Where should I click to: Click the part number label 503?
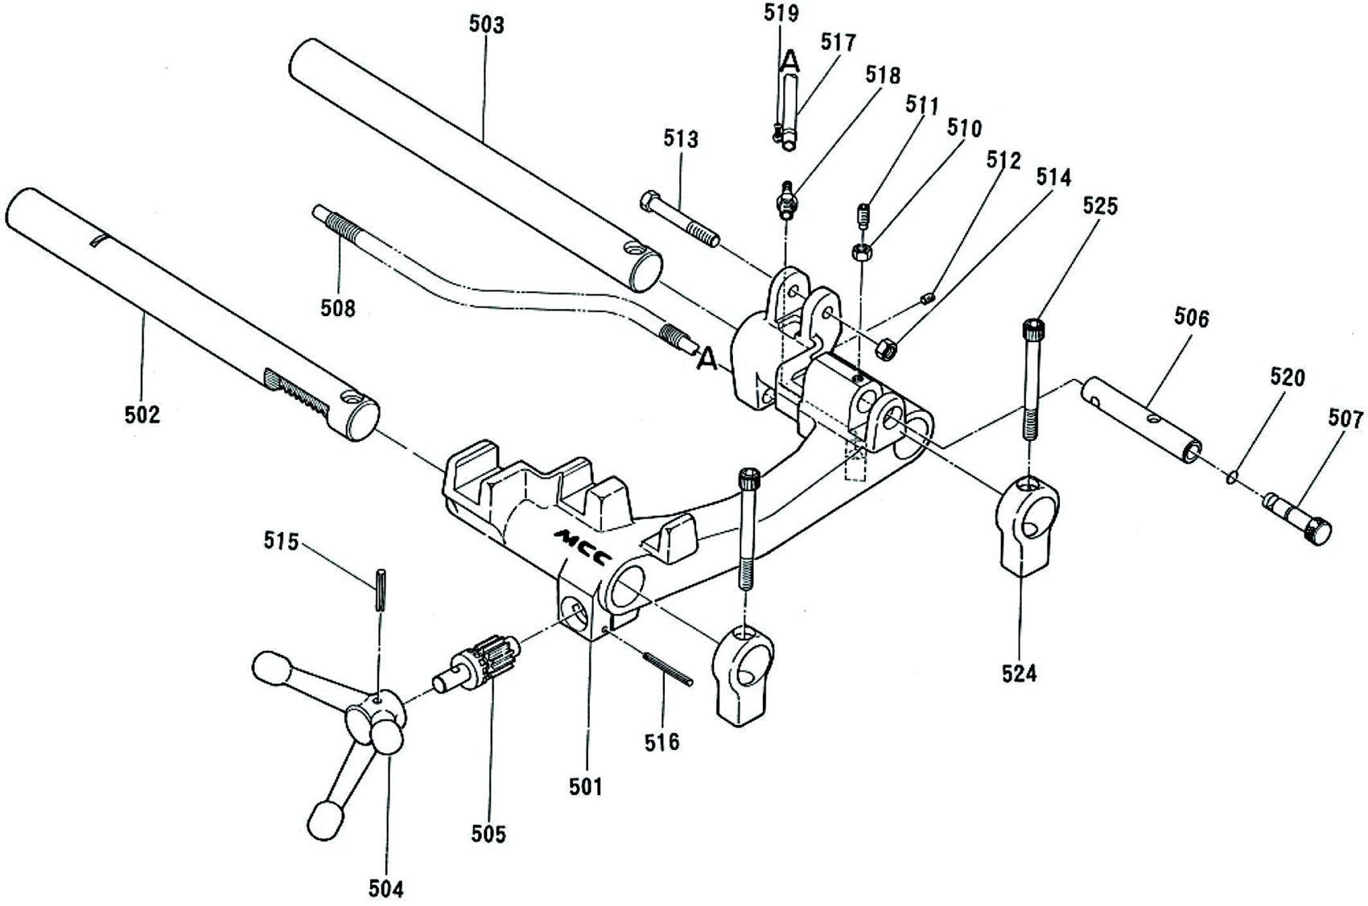(x=487, y=24)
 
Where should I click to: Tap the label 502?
(x=142, y=414)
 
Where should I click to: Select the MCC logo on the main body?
(x=583, y=546)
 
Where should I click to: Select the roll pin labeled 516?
(x=668, y=668)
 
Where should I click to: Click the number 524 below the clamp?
(x=1020, y=673)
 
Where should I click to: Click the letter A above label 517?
(x=791, y=60)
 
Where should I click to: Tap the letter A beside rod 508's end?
(x=707, y=360)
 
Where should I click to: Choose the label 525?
(x=1100, y=206)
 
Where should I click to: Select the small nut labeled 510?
(x=860, y=253)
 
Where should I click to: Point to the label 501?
(x=586, y=786)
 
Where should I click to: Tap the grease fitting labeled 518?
(x=785, y=199)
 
